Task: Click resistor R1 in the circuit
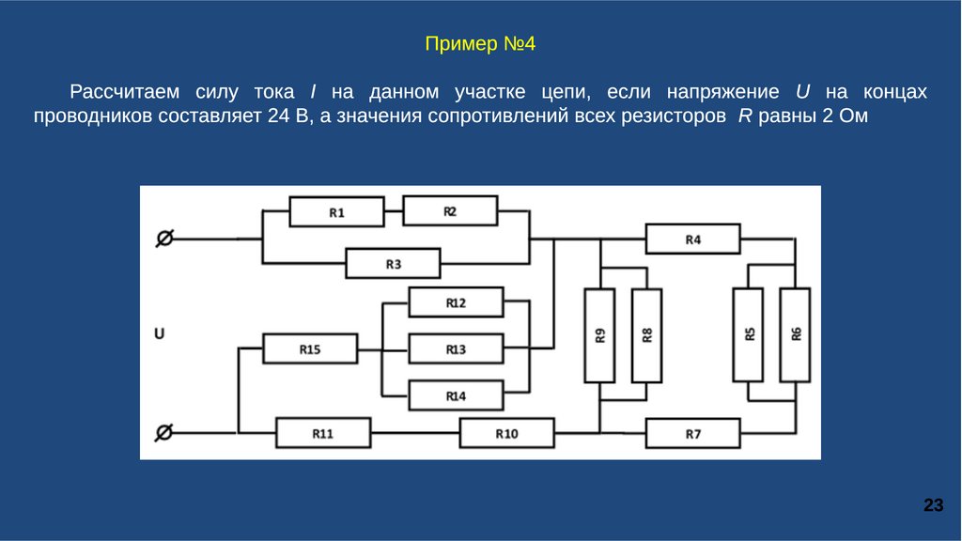pyautogui.click(x=336, y=212)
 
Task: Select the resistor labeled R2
pyautogui.click(x=450, y=211)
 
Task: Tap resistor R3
pyautogui.click(x=393, y=264)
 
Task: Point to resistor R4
pyautogui.click(x=692, y=240)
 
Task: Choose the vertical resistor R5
pyautogui.click(x=749, y=334)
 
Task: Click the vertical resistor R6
pyautogui.click(x=795, y=334)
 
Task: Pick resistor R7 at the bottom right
pyautogui.click(x=692, y=434)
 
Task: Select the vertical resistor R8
pyautogui.click(x=646, y=334)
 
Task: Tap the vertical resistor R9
pyautogui.click(x=600, y=334)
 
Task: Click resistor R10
pyautogui.click(x=506, y=434)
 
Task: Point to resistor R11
pyautogui.click(x=322, y=434)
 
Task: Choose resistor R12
pyautogui.click(x=456, y=303)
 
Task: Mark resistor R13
pyautogui.click(x=456, y=349)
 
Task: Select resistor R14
pyautogui.click(x=456, y=395)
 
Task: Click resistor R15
pyautogui.click(x=310, y=349)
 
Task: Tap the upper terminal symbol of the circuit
pyautogui.click(x=163, y=240)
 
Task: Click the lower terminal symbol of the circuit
pyautogui.click(x=163, y=432)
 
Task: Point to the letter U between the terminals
pyautogui.click(x=160, y=332)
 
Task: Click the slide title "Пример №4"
pyautogui.click(x=480, y=44)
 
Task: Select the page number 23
pyautogui.click(x=933, y=506)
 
